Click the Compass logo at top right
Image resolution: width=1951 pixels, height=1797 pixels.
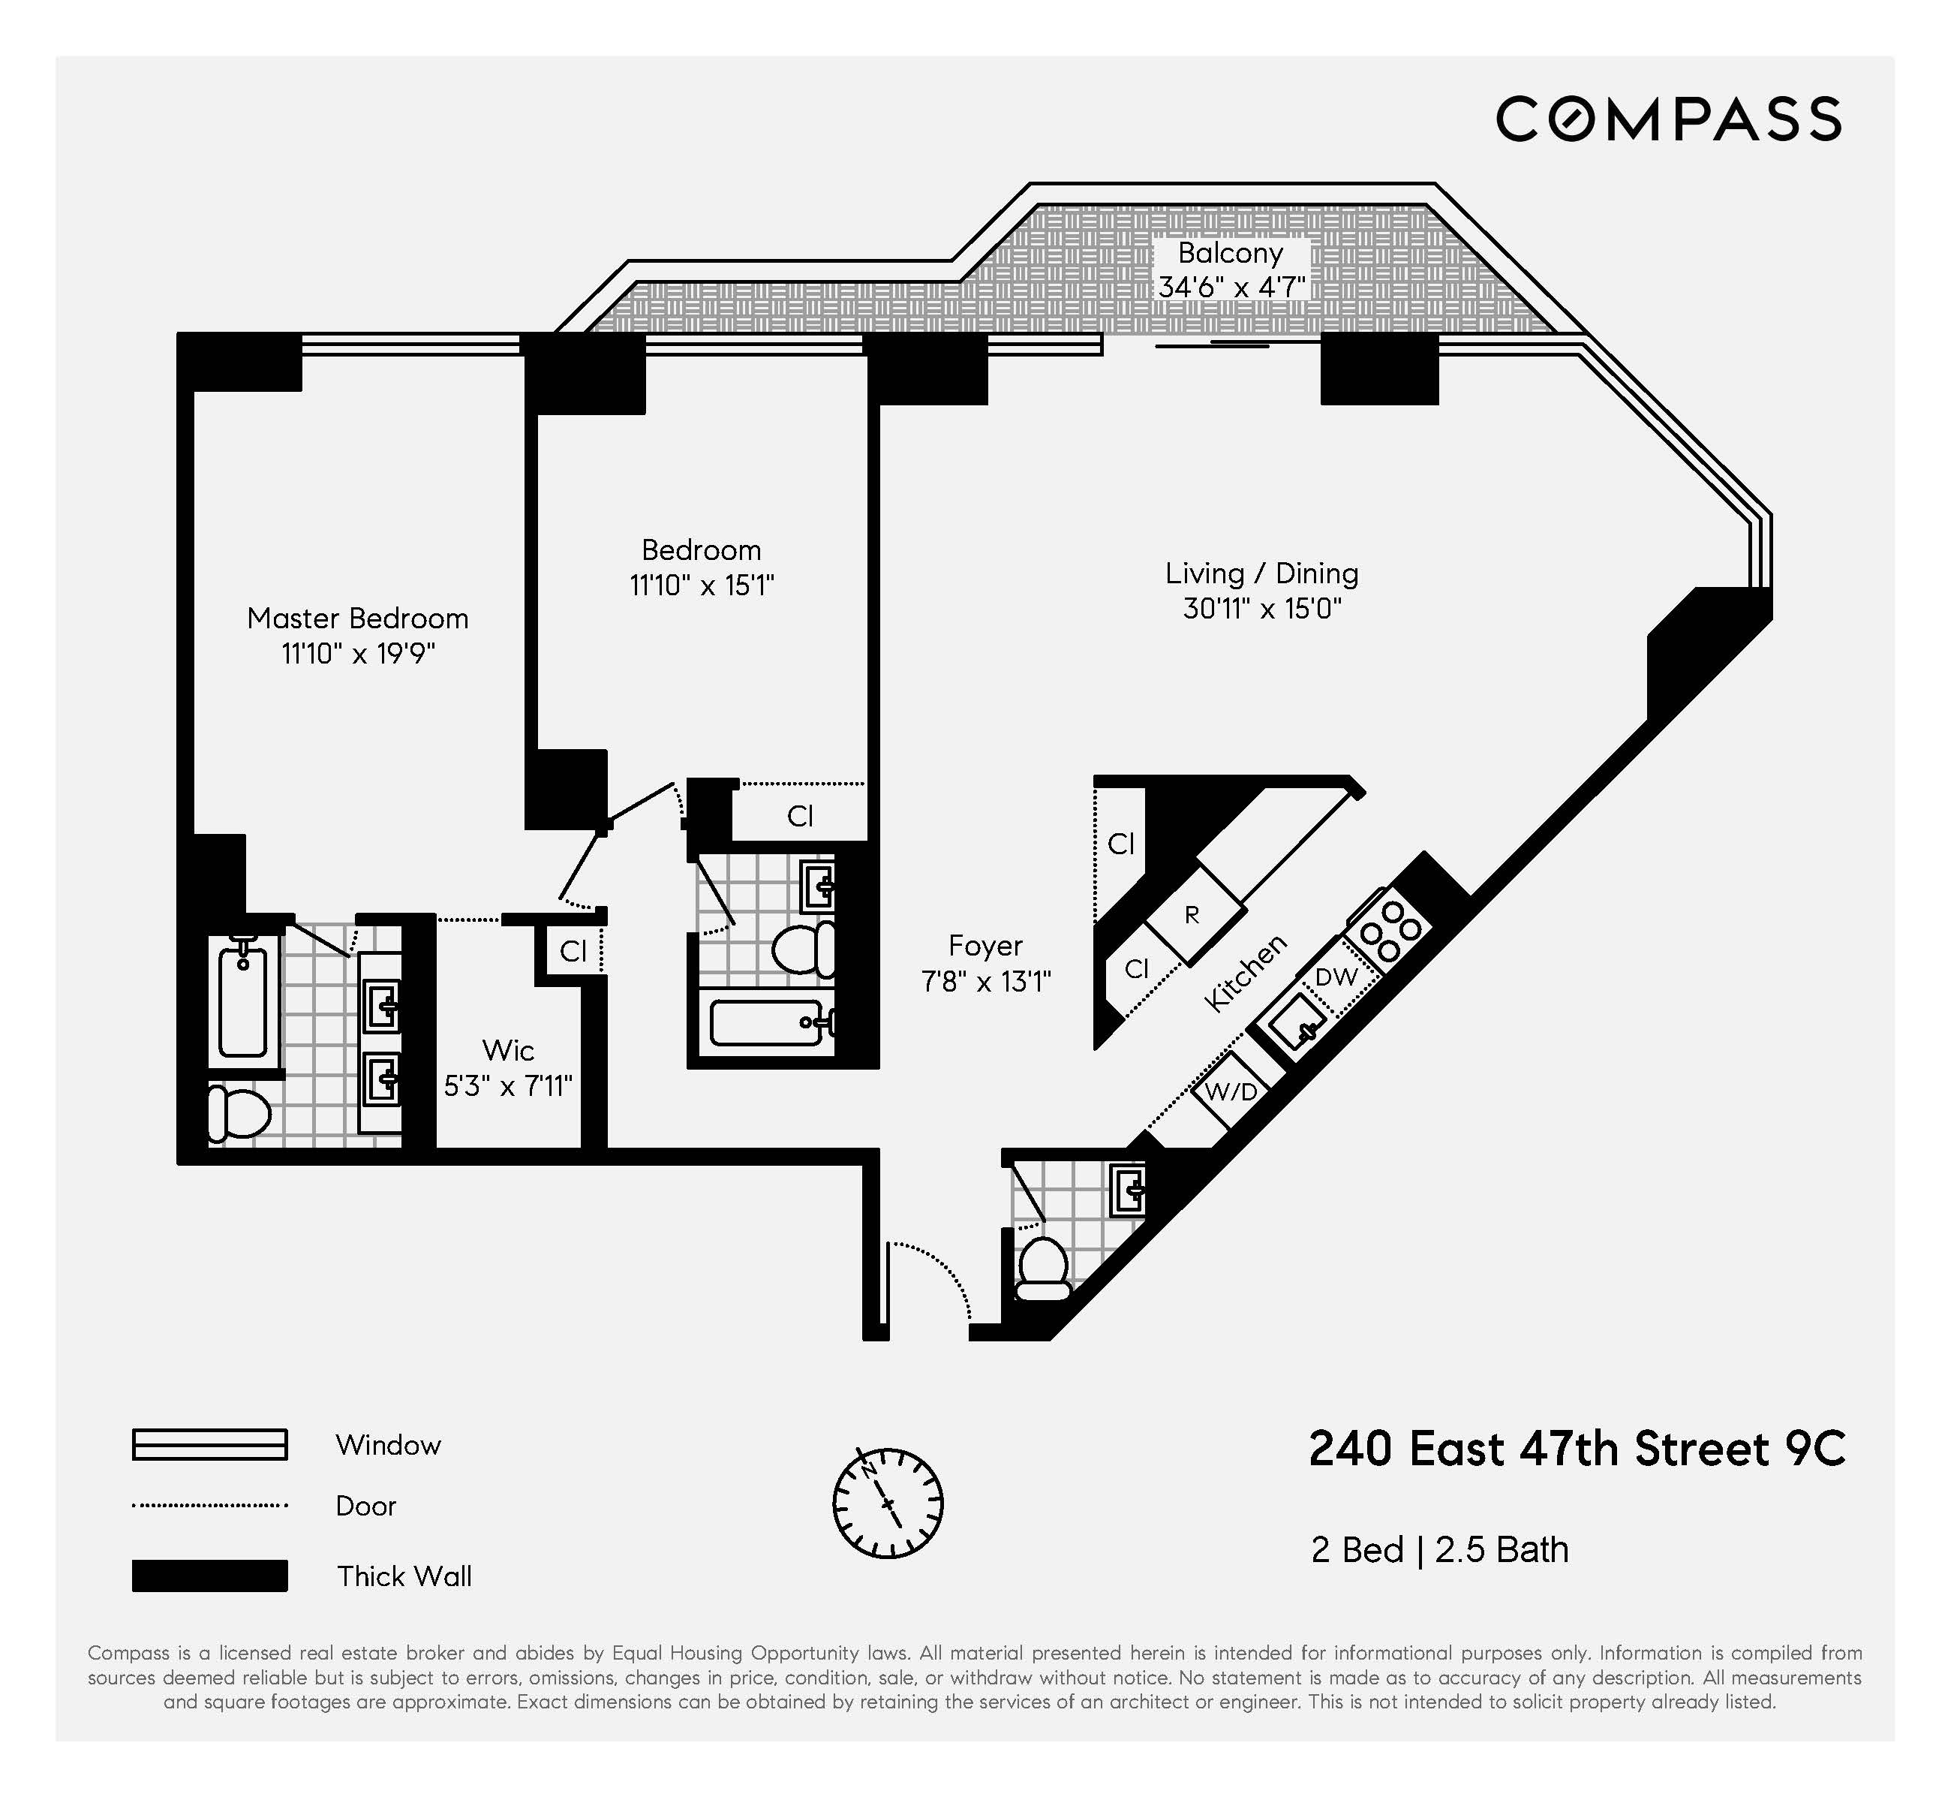1668,119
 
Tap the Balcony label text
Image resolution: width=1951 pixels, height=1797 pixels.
1231,254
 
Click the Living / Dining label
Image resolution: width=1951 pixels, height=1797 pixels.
1262,573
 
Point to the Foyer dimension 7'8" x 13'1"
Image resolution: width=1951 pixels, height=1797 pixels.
986,982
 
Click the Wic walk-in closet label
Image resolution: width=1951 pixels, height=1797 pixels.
507,1050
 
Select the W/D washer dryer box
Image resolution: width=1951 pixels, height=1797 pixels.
1231,1091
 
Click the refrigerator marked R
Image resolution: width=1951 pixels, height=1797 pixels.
1194,914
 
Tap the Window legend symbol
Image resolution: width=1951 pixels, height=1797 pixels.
210,1445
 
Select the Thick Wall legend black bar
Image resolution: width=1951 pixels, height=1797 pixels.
210,1576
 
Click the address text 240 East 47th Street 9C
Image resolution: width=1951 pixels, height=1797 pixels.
1576,1449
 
